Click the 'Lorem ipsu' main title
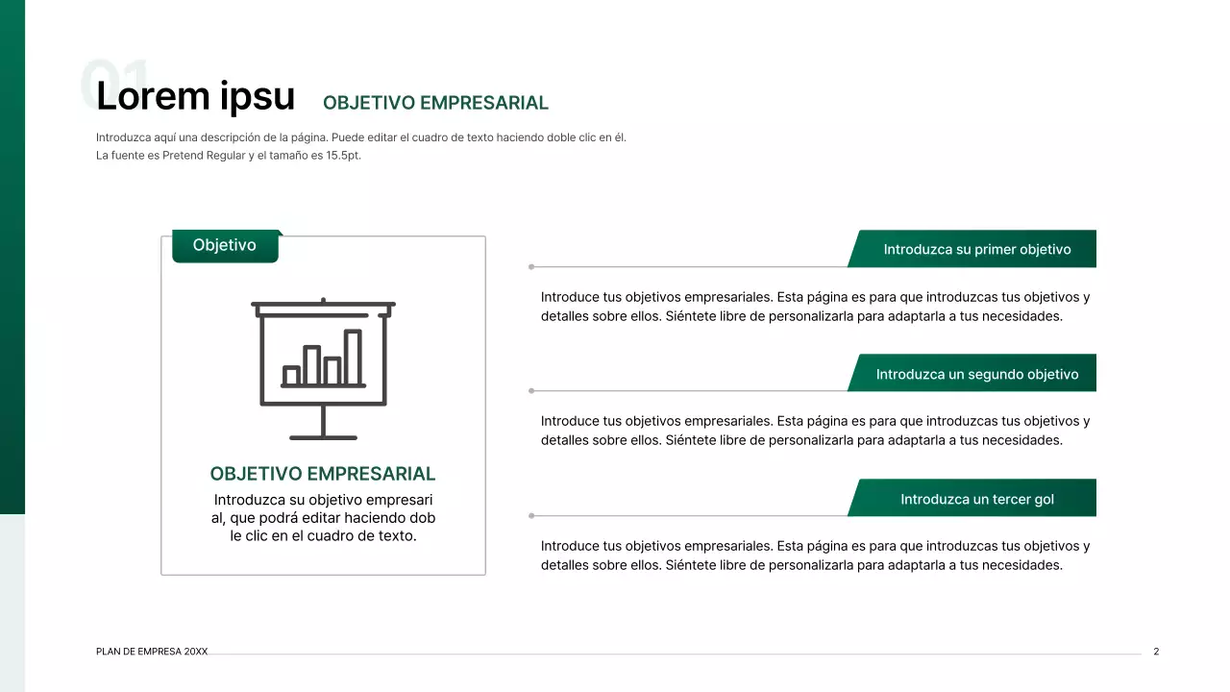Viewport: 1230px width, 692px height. click(195, 96)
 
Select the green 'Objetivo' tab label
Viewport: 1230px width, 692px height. click(225, 246)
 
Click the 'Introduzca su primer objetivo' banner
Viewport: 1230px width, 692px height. click(976, 250)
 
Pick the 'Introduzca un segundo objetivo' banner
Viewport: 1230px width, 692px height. click(976, 375)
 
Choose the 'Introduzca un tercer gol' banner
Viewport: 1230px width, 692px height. click(976, 500)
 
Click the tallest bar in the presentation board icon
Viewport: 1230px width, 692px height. click(353, 358)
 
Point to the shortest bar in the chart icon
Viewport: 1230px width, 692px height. click(291, 375)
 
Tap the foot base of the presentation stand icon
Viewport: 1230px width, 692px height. click(323, 437)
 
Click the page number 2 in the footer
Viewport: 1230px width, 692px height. click(1156, 652)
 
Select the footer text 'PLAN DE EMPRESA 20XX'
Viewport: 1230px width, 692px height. click(152, 652)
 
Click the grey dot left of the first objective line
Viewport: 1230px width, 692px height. click(531, 266)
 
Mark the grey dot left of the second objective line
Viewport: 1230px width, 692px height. click(531, 391)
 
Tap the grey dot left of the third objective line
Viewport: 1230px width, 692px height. click(531, 516)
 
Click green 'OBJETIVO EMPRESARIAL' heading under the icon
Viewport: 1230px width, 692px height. click(323, 474)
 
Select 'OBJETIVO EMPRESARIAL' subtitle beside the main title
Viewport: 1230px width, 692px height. click(435, 103)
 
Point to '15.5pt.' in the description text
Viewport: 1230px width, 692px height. click(342, 156)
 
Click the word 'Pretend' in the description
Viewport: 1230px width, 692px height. click(183, 156)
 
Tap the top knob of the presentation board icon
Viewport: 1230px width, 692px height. click(323, 300)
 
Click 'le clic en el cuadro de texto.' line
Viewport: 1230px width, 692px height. click(323, 536)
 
